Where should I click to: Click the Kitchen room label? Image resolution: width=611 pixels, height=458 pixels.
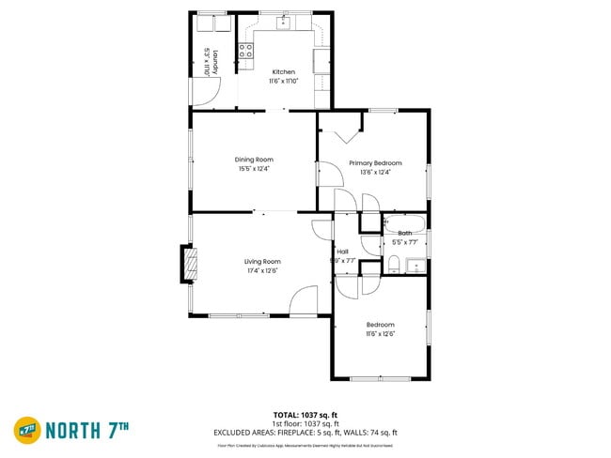tap(284, 72)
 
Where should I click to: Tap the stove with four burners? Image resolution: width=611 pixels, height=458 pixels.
tap(246, 52)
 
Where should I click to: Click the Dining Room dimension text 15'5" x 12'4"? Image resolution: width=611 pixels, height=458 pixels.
tap(254, 169)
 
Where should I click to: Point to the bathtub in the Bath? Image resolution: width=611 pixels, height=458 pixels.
tap(405, 223)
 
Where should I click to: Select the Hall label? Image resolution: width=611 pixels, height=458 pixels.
tap(343, 251)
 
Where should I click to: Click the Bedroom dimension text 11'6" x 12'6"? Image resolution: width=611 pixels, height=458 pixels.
tap(381, 333)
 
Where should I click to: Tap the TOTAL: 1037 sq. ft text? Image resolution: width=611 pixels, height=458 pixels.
tap(306, 414)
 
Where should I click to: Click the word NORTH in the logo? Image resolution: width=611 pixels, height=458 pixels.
tap(75, 431)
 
